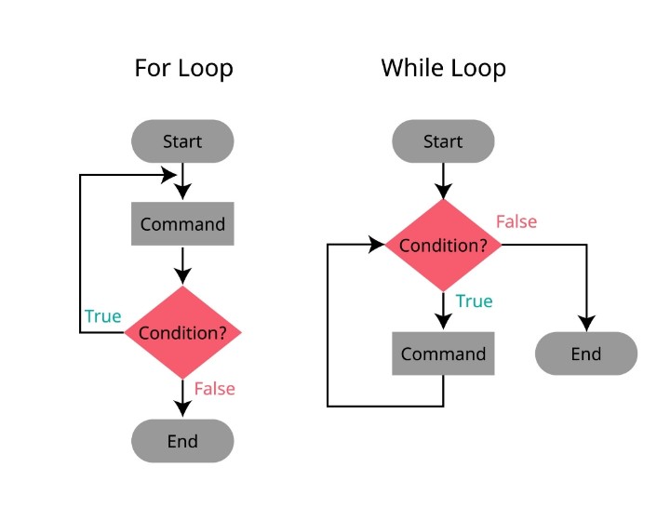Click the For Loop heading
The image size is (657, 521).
click(183, 69)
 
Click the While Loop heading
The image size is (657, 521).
click(443, 69)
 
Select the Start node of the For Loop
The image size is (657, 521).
click(182, 142)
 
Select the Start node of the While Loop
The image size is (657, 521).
click(443, 142)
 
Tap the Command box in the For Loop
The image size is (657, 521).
click(182, 224)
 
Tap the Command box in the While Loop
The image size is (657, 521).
click(443, 354)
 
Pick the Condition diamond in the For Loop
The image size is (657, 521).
click(182, 332)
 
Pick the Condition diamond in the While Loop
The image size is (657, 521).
click(443, 246)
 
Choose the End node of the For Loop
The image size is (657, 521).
click(182, 441)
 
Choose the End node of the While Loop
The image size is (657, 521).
click(586, 354)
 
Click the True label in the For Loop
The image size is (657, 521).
click(102, 316)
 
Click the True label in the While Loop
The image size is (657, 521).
click(474, 301)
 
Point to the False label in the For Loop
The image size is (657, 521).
click(215, 388)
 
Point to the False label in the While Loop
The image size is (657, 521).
click(516, 222)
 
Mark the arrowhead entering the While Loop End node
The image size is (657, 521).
click(587, 325)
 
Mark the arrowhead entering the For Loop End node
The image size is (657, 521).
click(182, 410)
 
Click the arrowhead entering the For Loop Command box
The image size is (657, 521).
click(182, 194)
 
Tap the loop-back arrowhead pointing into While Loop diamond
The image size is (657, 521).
click(377, 246)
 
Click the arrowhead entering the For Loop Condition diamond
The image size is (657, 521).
click(182, 276)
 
